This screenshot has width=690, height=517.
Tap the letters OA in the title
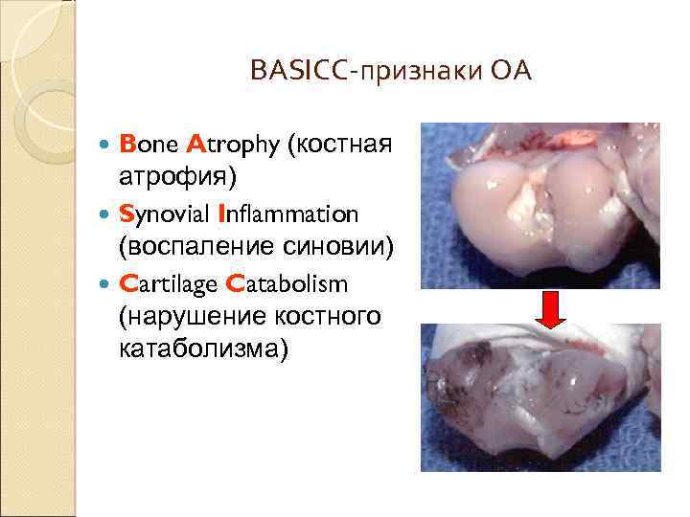(510, 71)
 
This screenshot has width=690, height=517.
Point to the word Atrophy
(233, 145)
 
